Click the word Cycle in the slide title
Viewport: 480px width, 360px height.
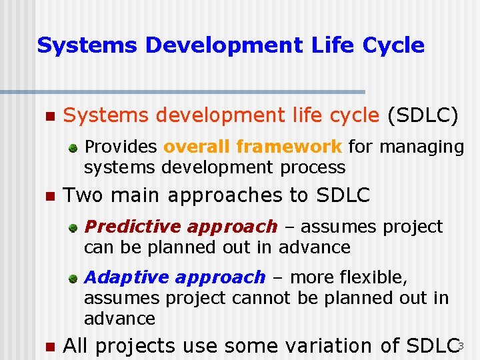pos(393,45)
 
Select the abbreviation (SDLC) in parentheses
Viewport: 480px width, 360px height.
pos(423,116)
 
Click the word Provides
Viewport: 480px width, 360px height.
pos(121,146)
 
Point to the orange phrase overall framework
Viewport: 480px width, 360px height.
pos(253,146)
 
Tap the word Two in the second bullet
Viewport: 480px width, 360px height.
pos(80,195)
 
